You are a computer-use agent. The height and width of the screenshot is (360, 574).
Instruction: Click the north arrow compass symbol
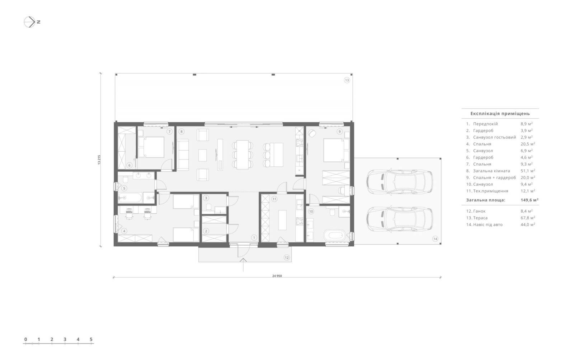click(x=29, y=22)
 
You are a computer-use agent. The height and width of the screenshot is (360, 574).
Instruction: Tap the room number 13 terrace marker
click(x=347, y=80)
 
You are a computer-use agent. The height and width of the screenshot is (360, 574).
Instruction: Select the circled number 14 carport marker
click(x=435, y=239)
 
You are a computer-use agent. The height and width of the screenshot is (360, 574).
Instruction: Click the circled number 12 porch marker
click(x=287, y=257)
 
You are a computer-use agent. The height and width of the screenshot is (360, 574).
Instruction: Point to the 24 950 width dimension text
click(x=277, y=276)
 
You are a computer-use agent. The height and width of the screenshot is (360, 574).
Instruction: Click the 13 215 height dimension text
click(x=99, y=160)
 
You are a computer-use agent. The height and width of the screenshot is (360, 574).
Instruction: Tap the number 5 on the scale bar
click(x=91, y=339)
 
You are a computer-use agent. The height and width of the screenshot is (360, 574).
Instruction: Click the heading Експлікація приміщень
click(x=500, y=113)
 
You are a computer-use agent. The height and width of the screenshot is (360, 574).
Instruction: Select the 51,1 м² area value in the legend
click(x=528, y=171)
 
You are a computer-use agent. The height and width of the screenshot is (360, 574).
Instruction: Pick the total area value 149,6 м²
click(x=529, y=200)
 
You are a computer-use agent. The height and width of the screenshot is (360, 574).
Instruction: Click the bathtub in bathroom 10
click(x=334, y=235)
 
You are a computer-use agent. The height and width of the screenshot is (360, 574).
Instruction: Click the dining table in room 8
click(x=243, y=155)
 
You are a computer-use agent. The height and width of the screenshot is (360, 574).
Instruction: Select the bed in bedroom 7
click(x=151, y=147)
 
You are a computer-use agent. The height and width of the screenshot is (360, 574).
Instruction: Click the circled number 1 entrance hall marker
click(x=254, y=238)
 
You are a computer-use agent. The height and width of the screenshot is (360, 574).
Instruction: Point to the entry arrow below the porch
click(x=243, y=265)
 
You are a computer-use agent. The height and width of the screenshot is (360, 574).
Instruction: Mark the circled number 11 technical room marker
click(x=274, y=199)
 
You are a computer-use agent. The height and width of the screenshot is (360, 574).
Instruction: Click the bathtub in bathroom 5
click(x=130, y=198)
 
